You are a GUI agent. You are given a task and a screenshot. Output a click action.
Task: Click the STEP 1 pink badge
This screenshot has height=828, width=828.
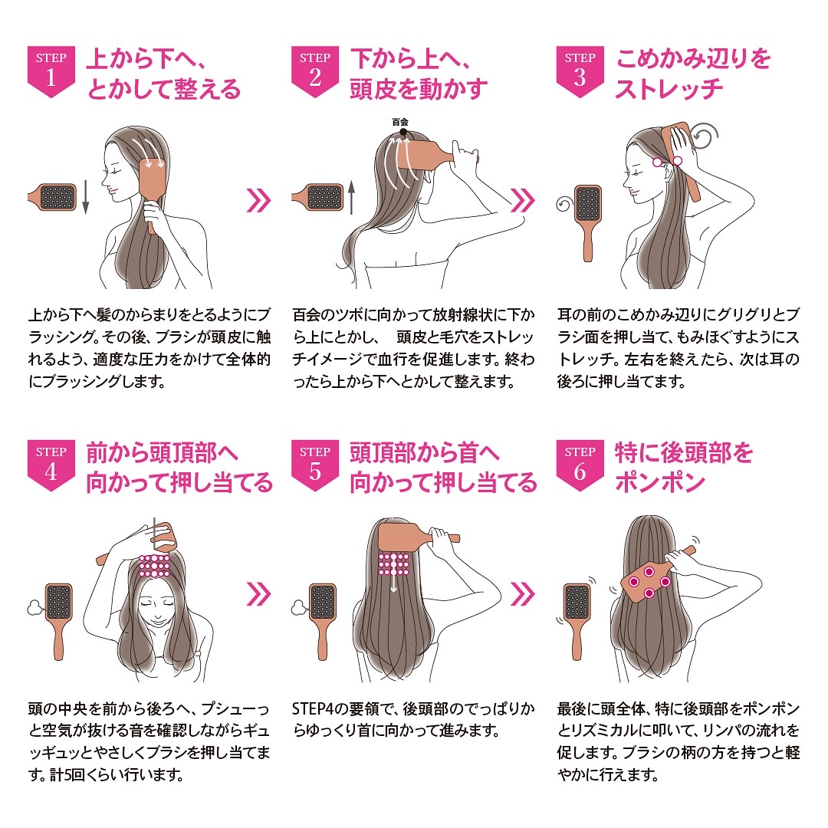[x=51, y=71]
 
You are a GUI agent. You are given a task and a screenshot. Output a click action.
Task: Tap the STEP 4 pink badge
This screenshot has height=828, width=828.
[x=51, y=465]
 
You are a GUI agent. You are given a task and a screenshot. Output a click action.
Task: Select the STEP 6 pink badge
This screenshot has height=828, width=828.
[x=580, y=465]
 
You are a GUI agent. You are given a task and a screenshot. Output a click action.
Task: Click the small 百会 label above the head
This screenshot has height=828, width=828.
[x=400, y=122]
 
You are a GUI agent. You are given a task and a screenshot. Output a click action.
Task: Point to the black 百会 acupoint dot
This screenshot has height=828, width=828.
[x=403, y=132]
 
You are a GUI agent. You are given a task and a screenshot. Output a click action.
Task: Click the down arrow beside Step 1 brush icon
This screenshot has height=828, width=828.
[x=86, y=197]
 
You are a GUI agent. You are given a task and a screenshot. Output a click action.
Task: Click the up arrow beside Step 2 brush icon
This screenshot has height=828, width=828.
[x=352, y=197]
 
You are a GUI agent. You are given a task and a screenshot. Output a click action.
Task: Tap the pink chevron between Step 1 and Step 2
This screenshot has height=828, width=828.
[x=259, y=201]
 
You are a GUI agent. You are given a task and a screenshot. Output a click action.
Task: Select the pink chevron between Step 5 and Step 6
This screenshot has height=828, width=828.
[x=523, y=594]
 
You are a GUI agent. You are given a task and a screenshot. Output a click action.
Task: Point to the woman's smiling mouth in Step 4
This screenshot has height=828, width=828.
[x=157, y=616]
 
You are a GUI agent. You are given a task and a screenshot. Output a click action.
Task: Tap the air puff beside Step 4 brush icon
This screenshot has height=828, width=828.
[x=35, y=608]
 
